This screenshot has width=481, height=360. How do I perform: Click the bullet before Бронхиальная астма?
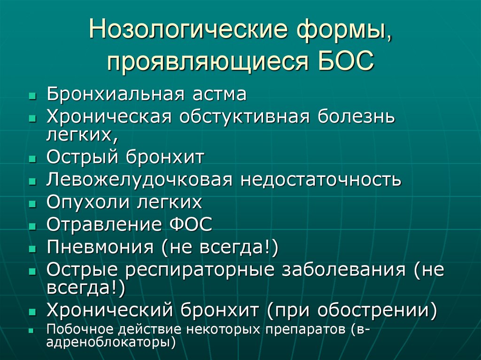tap(32, 95)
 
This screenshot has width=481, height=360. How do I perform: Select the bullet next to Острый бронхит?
tap(32, 159)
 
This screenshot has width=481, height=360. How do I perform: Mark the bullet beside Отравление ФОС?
tap(32, 226)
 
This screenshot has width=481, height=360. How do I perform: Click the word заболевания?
tap(350, 270)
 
